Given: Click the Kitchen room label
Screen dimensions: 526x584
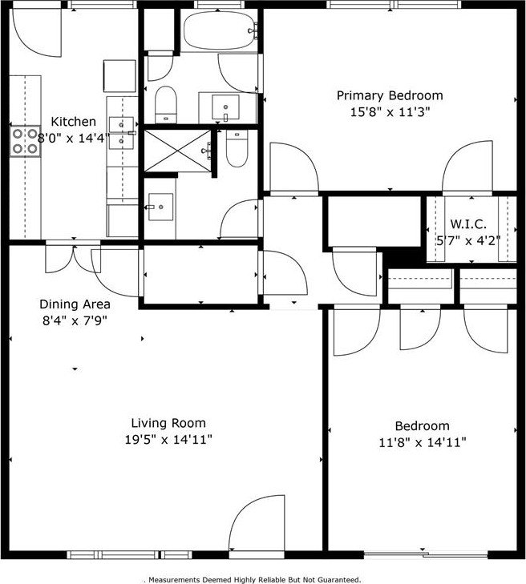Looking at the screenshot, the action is click(73, 122).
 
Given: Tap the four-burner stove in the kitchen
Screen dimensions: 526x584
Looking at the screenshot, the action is click(25, 141).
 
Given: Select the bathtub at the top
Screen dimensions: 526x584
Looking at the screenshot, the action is click(220, 30).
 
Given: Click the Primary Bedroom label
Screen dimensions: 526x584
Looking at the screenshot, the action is click(390, 95).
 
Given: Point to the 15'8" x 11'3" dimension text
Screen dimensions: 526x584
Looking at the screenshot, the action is click(390, 111).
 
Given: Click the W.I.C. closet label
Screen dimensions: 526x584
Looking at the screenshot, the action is click(468, 224).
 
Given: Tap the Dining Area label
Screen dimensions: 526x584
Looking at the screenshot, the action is click(75, 304).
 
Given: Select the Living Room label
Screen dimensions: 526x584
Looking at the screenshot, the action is click(168, 423).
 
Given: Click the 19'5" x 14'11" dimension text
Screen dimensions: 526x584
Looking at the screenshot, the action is click(168, 440).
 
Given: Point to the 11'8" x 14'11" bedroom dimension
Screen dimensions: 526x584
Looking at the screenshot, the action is click(423, 442).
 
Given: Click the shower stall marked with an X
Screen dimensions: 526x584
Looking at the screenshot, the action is click(177, 151).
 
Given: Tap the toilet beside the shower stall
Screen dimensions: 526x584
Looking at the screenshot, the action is click(237, 149).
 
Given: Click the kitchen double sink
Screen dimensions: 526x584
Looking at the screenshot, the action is click(121, 133).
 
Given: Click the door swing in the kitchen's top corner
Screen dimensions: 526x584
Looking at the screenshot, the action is click(37, 33).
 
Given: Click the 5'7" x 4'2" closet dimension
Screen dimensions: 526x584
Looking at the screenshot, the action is click(468, 240).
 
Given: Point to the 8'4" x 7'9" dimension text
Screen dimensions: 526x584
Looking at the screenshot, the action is click(75, 320).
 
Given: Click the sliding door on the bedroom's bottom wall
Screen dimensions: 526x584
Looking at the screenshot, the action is click(426, 554).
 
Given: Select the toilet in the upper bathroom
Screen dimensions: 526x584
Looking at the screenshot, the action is click(165, 104).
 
